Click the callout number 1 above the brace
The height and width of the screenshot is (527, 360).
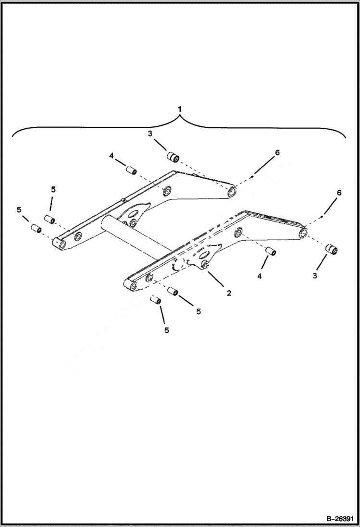point(179,109)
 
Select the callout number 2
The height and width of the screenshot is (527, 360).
point(229,293)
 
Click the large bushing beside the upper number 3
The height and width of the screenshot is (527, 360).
point(173,157)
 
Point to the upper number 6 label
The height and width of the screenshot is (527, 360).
point(277,152)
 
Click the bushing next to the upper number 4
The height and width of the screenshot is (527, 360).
point(132,171)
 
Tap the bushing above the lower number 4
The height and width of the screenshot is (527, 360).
point(271,251)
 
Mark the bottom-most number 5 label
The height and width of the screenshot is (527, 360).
point(166,330)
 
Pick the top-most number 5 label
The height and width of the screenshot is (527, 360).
point(53,189)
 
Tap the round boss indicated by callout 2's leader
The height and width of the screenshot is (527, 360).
point(205,265)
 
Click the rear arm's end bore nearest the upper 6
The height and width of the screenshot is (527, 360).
point(232,193)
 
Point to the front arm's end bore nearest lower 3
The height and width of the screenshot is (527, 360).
point(303,233)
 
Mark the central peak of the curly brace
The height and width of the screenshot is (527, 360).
point(179,120)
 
